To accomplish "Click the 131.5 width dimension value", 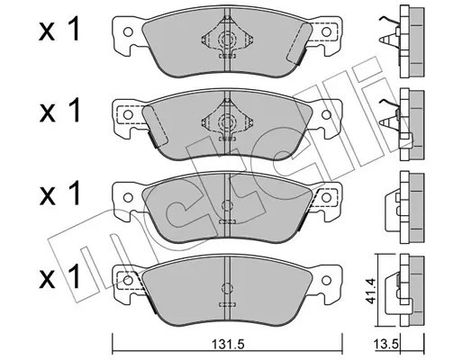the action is coord(228,344).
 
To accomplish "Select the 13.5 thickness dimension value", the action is coord(386,343).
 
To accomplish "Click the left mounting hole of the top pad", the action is coord(128,31).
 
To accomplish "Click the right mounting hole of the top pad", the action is coord(326,31).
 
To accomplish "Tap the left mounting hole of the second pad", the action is coord(128,114).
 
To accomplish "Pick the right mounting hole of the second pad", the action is coord(326,114).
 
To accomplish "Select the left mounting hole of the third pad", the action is coord(128,197).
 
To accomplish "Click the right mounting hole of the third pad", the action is coord(326,197).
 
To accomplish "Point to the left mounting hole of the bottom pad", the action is coord(128,280).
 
